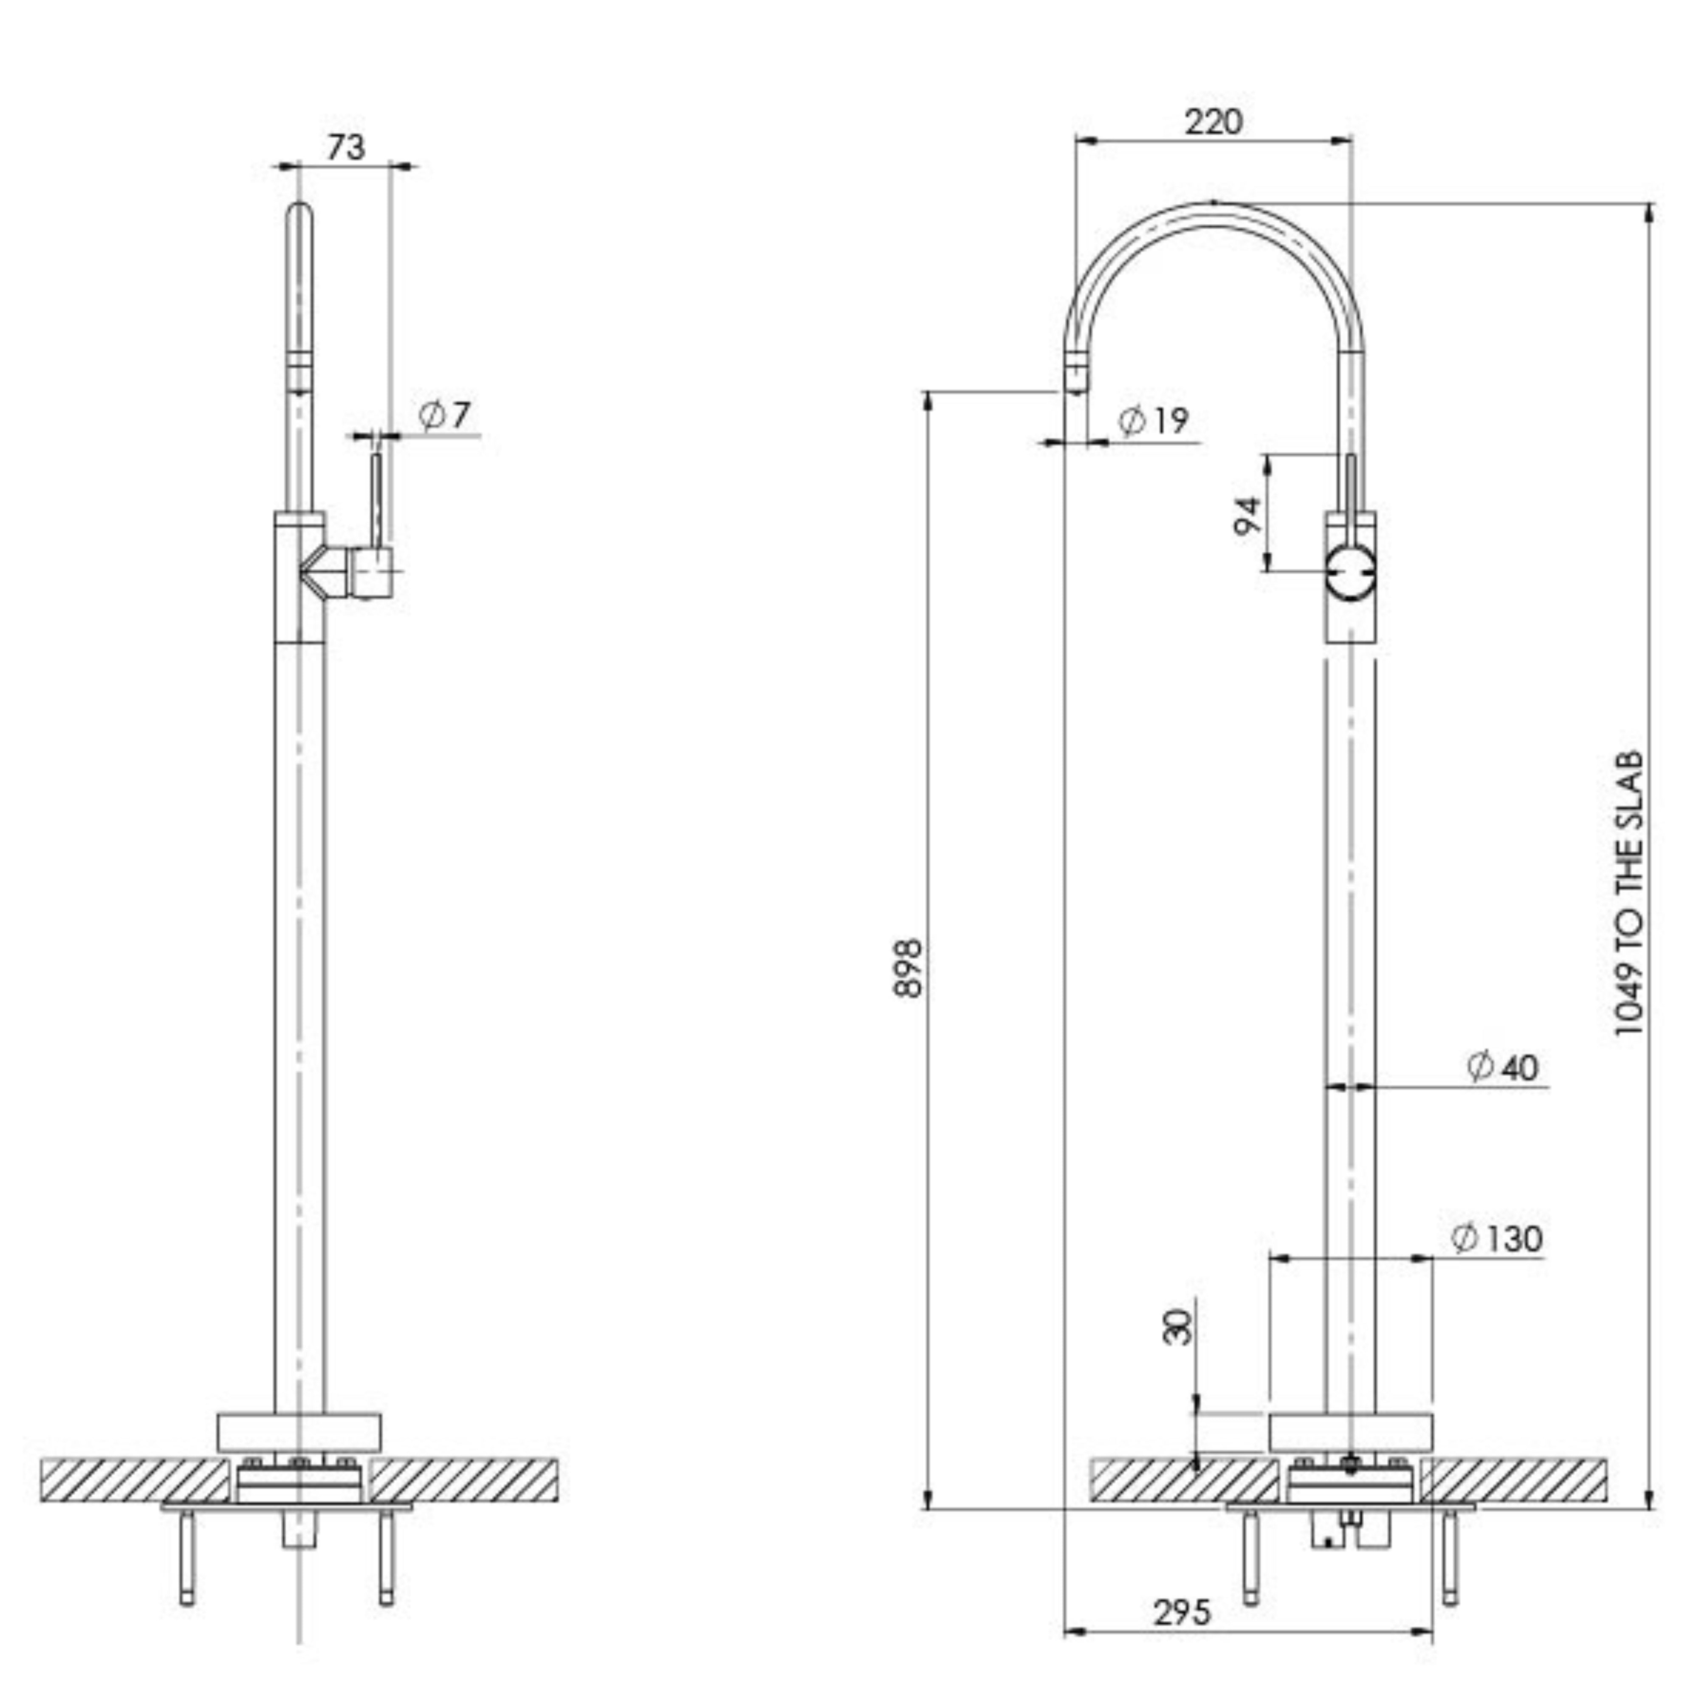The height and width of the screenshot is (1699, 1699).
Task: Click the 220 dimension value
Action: tap(1214, 121)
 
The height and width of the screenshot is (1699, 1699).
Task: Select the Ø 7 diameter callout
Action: tap(445, 415)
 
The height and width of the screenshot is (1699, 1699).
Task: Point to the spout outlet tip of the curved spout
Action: tap(1075, 374)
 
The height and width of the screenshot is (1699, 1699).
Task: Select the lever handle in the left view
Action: tap(376, 501)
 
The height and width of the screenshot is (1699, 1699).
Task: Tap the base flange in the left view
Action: tap(299, 1433)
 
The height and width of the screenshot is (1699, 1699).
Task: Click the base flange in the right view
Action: tap(1351, 1433)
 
